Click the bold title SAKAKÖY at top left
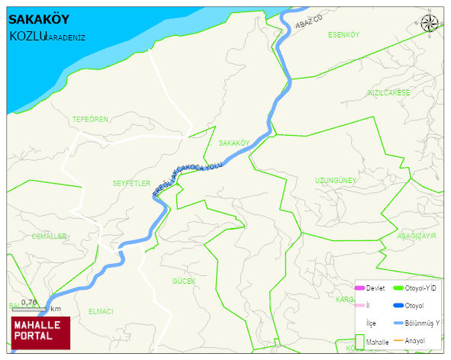point(35,20)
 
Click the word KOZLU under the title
point(27,36)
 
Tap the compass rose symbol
point(430,24)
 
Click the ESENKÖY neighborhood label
point(343,35)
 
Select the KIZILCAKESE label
point(388,93)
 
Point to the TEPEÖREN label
point(90,120)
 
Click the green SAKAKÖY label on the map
point(234,143)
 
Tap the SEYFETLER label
point(131,183)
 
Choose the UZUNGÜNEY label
point(336,181)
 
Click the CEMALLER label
point(50,236)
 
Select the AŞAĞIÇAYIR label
point(416,236)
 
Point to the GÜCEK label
point(184,281)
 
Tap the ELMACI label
point(101,311)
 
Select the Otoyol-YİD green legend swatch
point(398,288)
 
